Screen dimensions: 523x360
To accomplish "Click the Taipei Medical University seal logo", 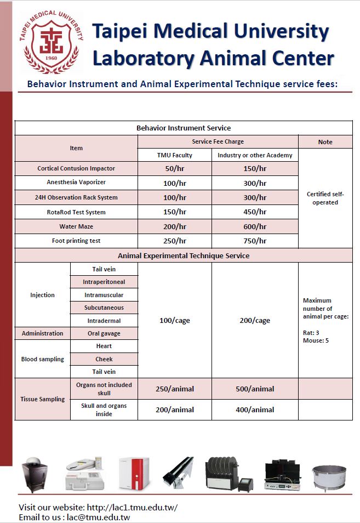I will [53, 43].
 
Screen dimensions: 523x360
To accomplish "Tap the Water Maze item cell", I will [76, 226].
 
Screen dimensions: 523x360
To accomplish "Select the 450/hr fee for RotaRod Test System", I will [255, 212].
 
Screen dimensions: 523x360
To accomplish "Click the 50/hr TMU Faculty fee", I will [174, 169].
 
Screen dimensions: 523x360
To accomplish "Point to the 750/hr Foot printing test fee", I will [255, 241].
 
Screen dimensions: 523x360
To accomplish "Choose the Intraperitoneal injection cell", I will [104, 282].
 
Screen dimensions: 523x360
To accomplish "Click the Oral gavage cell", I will [104, 333].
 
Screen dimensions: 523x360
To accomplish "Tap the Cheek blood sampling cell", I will [104, 359].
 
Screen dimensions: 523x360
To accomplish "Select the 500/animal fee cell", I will [255, 389].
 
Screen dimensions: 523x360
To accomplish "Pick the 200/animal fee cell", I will [174, 410].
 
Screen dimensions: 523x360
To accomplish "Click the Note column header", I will [325, 142].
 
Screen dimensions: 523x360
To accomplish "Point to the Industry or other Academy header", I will [255, 155].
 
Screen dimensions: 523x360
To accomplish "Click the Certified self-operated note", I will [325, 198].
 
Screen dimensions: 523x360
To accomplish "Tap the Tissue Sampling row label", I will [42, 399].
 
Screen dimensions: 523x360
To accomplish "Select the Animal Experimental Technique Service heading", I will [184, 255].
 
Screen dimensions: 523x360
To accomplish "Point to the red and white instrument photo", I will [134, 473].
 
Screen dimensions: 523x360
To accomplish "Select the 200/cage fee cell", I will [255, 320].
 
